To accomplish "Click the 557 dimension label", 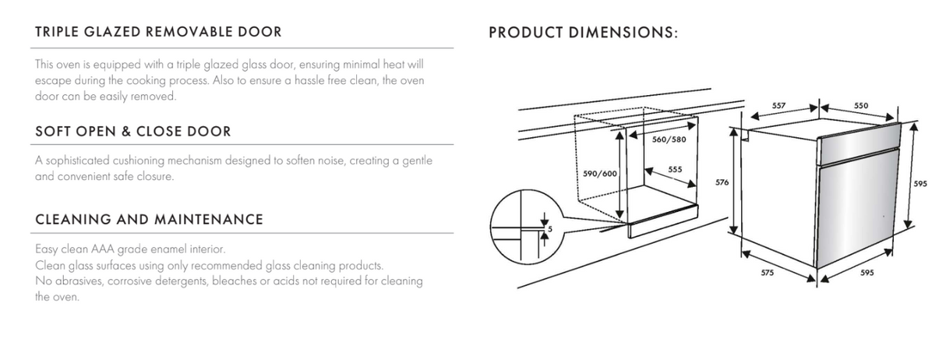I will (x=778, y=104).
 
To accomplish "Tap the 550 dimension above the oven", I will (x=861, y=104).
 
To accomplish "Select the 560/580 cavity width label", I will (x=668, y=140).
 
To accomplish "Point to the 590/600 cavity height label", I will (x=600, y=173).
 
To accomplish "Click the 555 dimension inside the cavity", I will (x=675, y=168).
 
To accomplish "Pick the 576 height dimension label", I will (x=722, y=182).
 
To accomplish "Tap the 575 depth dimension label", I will (x=768, y=273).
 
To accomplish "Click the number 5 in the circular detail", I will (x=549, y=229).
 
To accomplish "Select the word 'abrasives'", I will (x=79, y=281).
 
